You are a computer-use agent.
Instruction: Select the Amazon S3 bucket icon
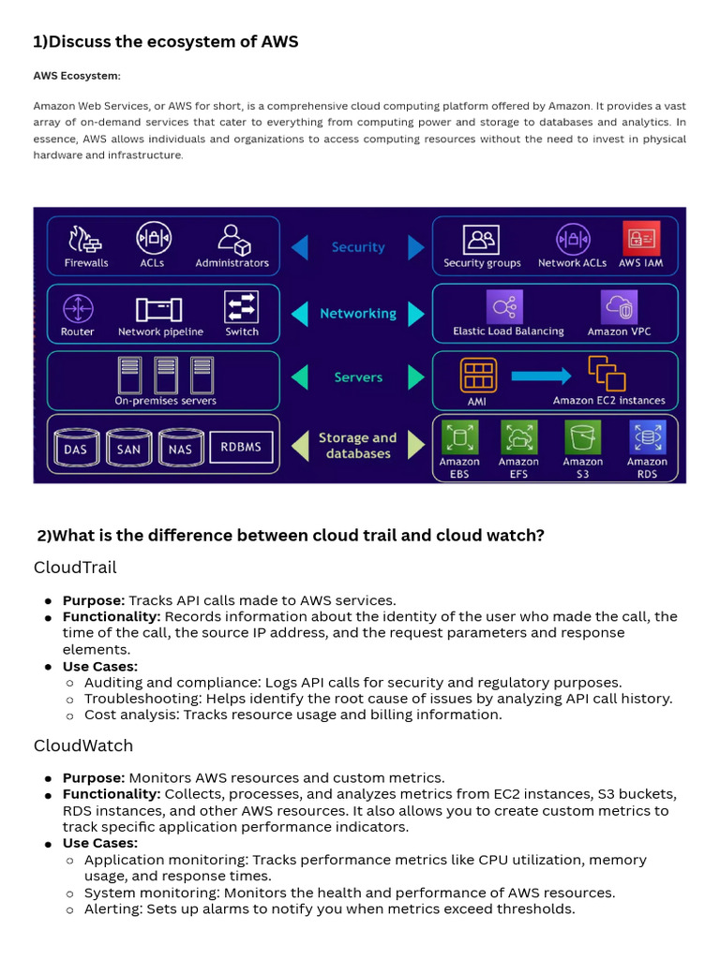pyautogui.click(x=582, y=436)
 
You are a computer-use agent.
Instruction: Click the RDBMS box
pyautogui.click(x=241, y=447)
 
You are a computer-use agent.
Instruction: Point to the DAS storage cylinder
pyautogui.click(x=75, y=448)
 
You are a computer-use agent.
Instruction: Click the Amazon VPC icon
pyautogui.click(x=619, y=307)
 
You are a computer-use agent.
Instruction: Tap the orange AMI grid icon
pyautogui.click(x=478, y=375)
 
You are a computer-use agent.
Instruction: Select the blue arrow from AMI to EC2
pyautogui.click(x=541, y=376)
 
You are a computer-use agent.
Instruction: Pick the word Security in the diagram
pyautogui.click(x=358, y=247)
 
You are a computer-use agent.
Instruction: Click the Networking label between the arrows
pyautogui.click(x=358, y=314)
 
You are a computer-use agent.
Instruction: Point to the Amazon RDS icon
pyautogui.click(x=647, y=436)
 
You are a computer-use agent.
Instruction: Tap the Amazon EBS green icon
pyautogui.click(x=459, y=436)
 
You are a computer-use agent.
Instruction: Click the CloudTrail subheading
pyautogui.click(x=75, y=568)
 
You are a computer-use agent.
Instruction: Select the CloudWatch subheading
pyautogui.click(x=83, y=745)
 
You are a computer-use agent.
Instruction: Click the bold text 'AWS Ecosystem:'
pyautogui.click(x=77, y=76)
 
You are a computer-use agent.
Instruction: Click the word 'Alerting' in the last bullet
pyautogui.click(x=112, y=908)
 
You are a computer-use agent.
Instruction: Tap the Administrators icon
pyautogui.click(x=232, y=239)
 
